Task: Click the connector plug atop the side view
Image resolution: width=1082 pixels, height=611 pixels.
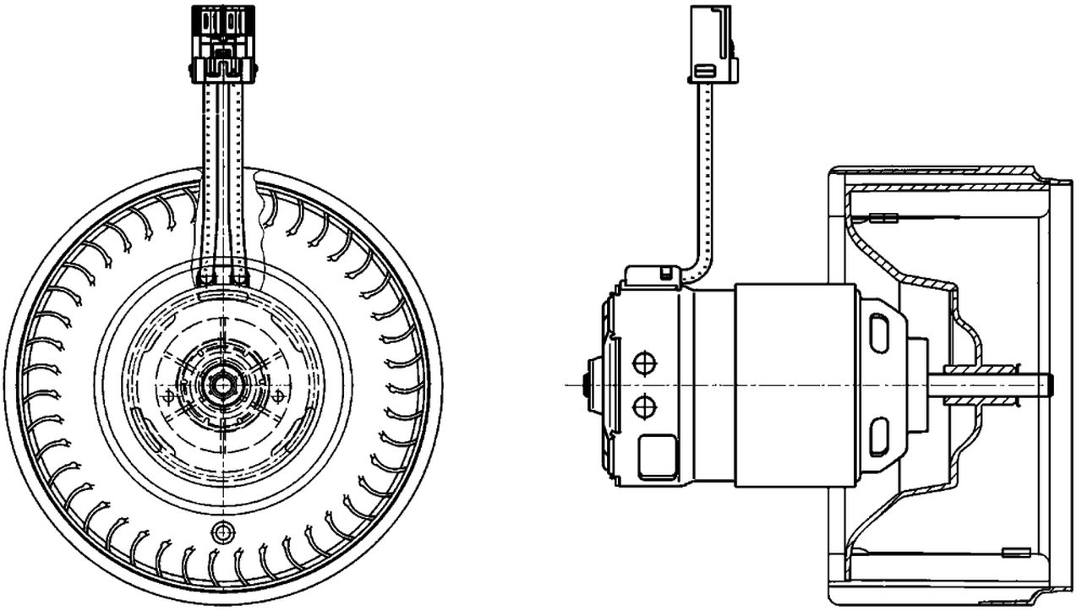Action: [713, 45]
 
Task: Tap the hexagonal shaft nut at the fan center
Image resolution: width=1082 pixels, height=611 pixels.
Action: [222, 385]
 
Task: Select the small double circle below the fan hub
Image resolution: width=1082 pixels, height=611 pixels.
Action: [223, 532]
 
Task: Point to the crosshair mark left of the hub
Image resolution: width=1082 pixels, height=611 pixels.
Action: [168, 395]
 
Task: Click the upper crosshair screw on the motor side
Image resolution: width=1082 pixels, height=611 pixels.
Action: [644, 363]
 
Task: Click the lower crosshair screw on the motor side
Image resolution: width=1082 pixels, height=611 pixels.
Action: [644, 407]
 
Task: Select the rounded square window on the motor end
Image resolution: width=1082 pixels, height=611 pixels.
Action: [658, 456]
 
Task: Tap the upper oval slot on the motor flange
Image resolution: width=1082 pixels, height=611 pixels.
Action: [879, 333]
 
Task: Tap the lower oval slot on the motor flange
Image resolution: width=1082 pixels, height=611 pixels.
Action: [879, 436]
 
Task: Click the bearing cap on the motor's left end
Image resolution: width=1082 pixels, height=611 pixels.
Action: [593, 385]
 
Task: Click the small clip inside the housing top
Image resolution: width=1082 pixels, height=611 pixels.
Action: [883, 217]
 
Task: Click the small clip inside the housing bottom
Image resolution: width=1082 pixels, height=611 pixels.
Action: [1009, 553]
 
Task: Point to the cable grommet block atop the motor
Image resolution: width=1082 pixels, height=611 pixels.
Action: [653, 276]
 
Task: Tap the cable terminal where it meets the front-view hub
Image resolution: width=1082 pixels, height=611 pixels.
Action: [222, 277]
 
